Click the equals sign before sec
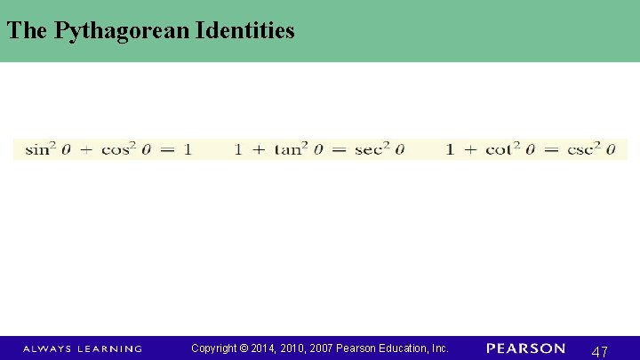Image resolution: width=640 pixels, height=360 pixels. (339, 150)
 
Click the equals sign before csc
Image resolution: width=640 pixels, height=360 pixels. (550, 150)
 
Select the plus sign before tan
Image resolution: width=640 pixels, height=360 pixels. (258, 150)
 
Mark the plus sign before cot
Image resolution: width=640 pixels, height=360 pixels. (469, 150)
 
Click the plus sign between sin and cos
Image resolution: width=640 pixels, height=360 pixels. (85, 150)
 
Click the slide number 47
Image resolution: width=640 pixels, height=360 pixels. (599, 351)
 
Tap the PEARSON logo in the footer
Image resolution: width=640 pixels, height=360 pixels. (525, 348)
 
